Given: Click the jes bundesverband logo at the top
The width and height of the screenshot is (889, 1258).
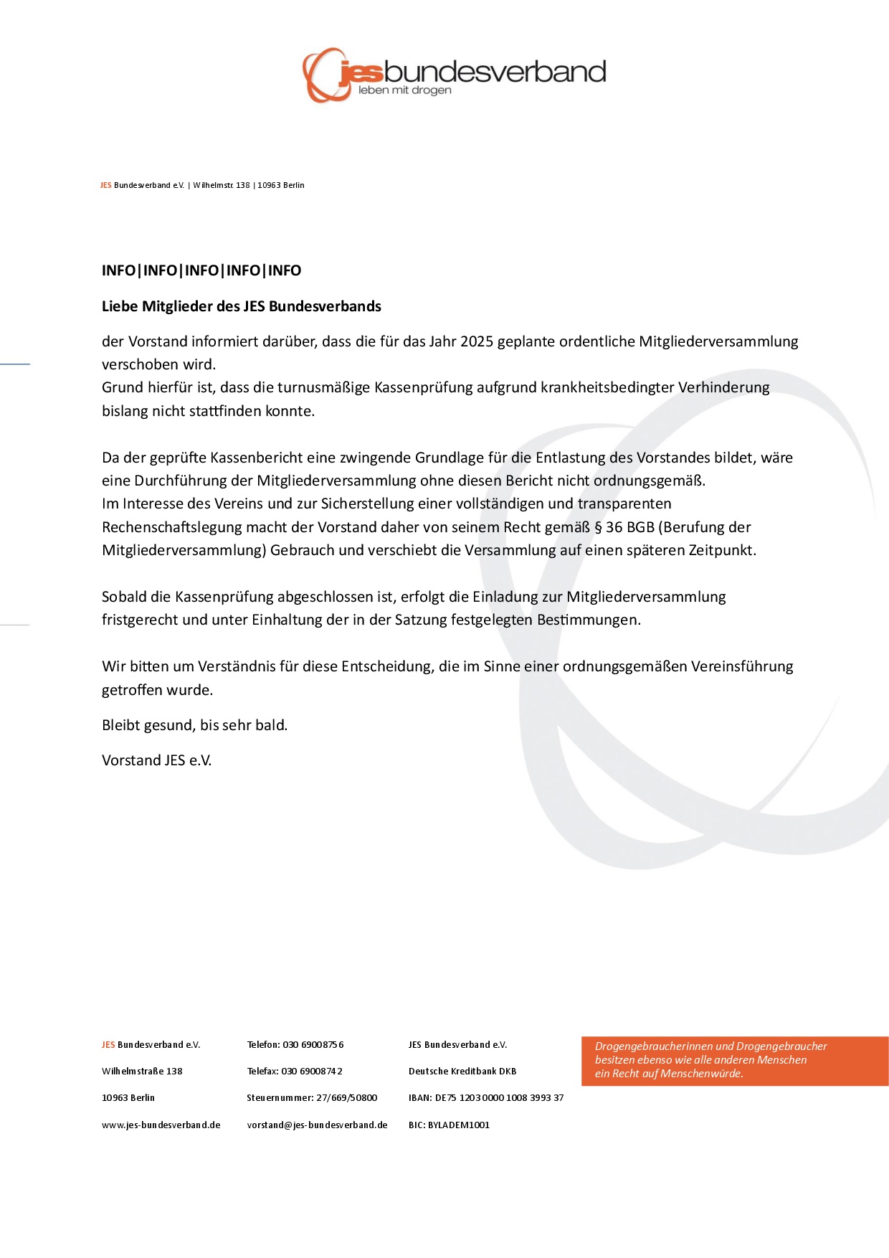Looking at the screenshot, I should tap(453, 74).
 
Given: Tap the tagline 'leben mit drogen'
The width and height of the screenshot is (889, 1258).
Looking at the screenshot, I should tap(405, 90).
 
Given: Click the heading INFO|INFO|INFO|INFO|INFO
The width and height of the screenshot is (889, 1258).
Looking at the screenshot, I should tap(201, 270).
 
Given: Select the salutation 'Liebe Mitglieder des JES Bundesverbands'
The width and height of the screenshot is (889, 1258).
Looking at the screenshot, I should tap(242, 306).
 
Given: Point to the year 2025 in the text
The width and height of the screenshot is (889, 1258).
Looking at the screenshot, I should tap(477, 341).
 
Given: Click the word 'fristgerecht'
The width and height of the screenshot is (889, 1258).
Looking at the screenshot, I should tap(140, 620).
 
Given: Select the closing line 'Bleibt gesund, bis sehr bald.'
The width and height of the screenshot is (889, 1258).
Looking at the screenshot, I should tap(194, 725).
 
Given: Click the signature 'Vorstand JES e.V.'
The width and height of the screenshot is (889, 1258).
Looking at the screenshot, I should tap(156, 760).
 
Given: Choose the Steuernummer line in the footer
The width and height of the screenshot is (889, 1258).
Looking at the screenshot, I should tap(312, 1098).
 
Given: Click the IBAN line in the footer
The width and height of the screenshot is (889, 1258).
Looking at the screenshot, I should tap(486, 1098).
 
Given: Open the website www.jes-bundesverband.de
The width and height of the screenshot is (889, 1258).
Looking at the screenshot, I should tap(161, 1125).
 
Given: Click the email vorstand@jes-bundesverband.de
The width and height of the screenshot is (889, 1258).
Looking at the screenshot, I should tap(317, 1125).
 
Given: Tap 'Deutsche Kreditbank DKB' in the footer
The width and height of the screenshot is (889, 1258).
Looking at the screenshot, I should tap(462, 1072).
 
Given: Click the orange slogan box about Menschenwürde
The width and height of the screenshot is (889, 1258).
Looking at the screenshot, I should tap(734, 1060).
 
